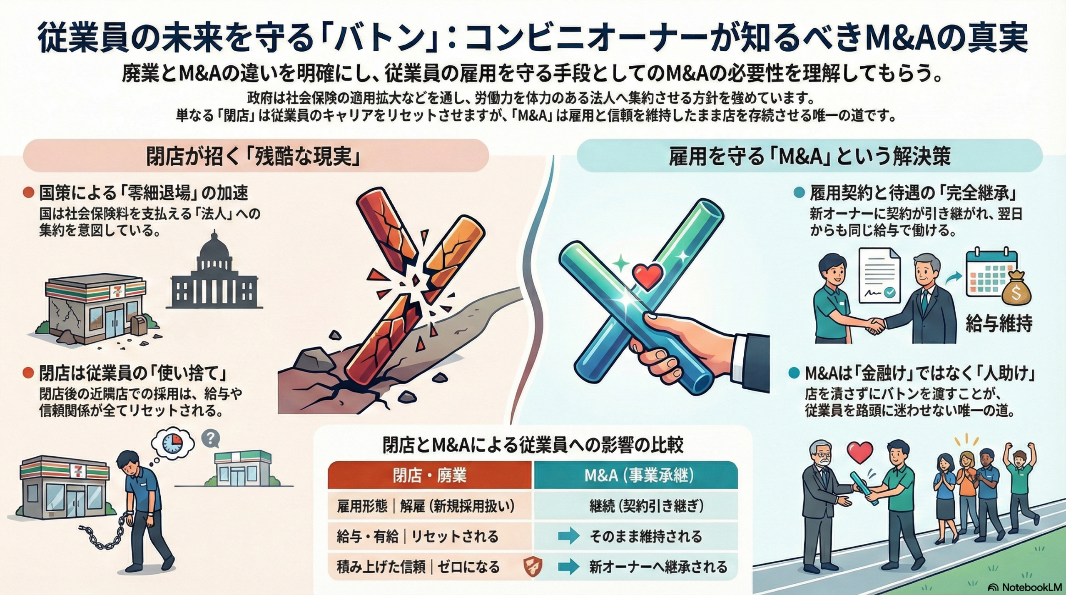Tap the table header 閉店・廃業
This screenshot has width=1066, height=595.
click(429, 475)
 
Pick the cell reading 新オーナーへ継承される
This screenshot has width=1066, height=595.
click(658, 567)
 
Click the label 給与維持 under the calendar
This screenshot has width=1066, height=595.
click(999, 323)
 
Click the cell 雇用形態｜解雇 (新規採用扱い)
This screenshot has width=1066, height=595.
click(426, 506)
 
